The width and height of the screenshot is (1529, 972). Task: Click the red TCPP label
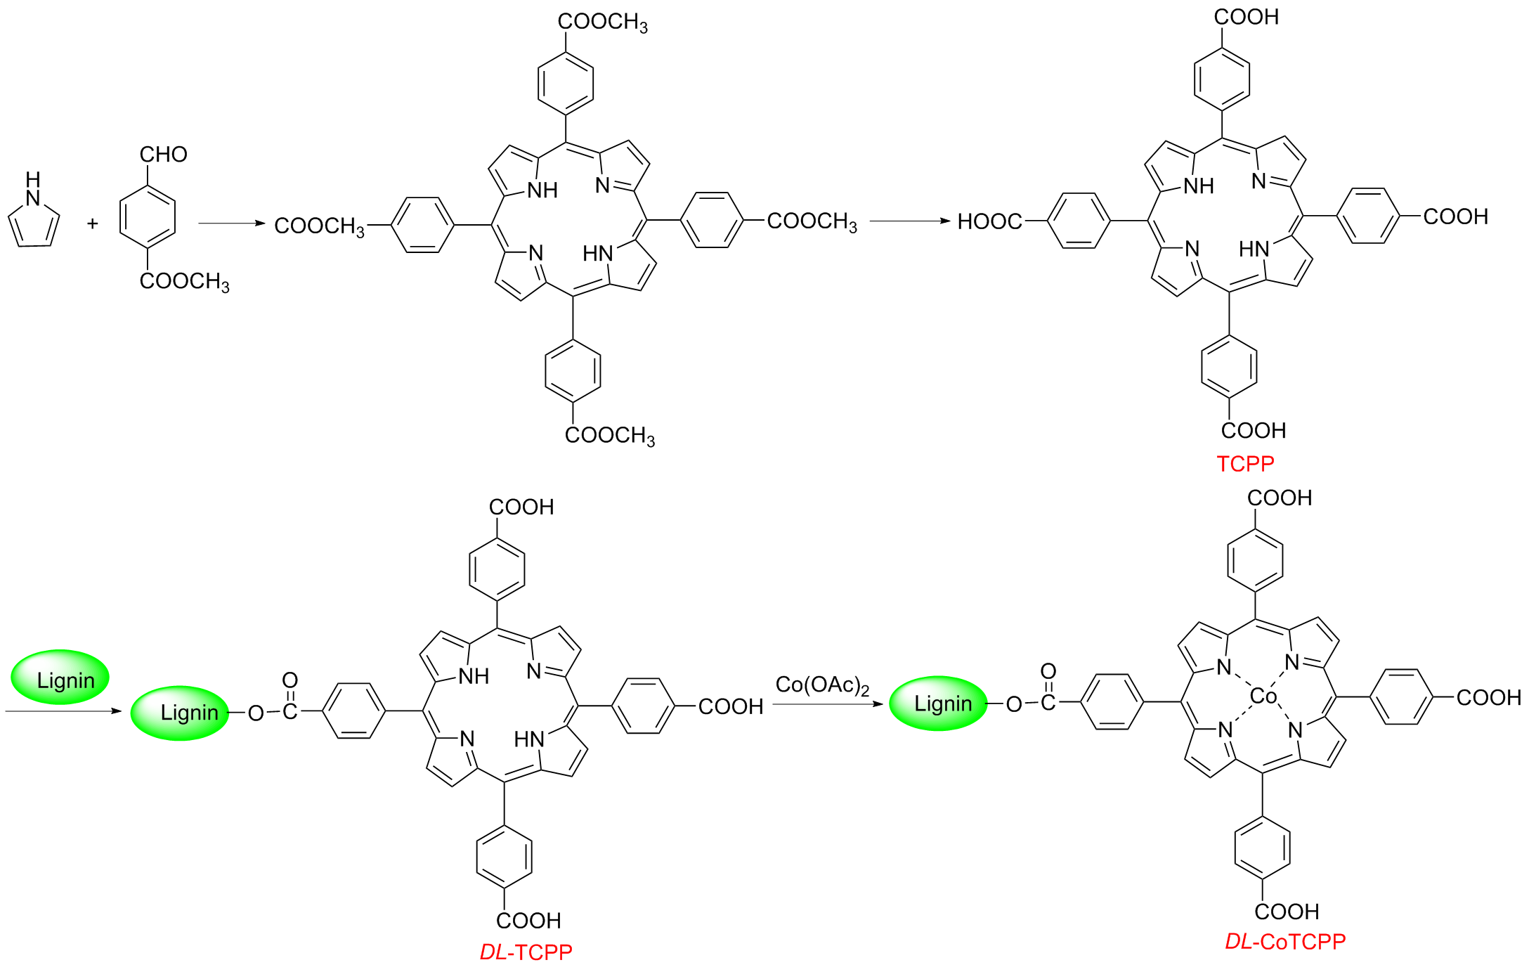point(1245,464)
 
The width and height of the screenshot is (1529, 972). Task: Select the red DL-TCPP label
point(526,952)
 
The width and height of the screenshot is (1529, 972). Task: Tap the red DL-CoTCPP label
point(1285,942)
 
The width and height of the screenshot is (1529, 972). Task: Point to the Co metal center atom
point(1263,696)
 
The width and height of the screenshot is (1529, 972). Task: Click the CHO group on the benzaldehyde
point(163,155)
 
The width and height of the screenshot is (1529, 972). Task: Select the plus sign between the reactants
point(92,224)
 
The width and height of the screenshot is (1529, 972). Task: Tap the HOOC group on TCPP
point(989,222)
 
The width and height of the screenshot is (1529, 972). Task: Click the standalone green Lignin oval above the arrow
point(60,678)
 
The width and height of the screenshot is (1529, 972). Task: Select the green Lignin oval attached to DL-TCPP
point(181,713)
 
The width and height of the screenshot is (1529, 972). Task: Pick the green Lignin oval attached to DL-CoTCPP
point(939,704)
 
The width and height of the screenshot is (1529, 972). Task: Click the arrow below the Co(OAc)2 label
point(828,704)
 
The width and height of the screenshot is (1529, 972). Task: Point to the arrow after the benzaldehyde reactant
point(232,223)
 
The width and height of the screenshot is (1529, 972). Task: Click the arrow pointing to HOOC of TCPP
point(910,221)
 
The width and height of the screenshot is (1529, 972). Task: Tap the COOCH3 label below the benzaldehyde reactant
point(184,282)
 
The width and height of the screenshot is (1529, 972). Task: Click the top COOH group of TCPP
point(1246,18)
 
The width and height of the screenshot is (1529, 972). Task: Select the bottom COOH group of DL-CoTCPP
point(1287,912)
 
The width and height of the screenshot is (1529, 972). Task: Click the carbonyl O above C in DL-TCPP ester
point(290,680)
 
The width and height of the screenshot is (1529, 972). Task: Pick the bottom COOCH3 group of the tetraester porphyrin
point(609,436)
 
